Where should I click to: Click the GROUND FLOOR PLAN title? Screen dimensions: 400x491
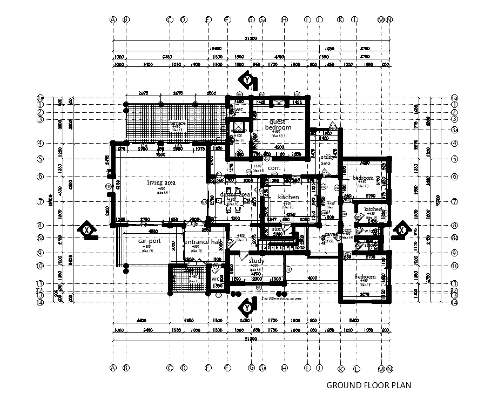click(369, 385)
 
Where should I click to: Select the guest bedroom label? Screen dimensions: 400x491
click(278, 125)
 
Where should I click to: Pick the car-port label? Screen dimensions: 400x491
click(149, 241)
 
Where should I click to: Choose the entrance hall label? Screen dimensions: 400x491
click(203, 242)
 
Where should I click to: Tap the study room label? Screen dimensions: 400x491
click(256, 261)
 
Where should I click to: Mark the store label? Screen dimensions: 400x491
click(277, 229)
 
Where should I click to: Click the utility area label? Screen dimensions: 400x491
click(326, 159)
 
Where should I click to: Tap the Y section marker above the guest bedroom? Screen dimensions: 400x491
click(247, 80)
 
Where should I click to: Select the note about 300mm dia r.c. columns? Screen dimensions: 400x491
click(281, 297)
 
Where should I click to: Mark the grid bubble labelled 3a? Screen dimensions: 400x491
click(455, 130)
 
